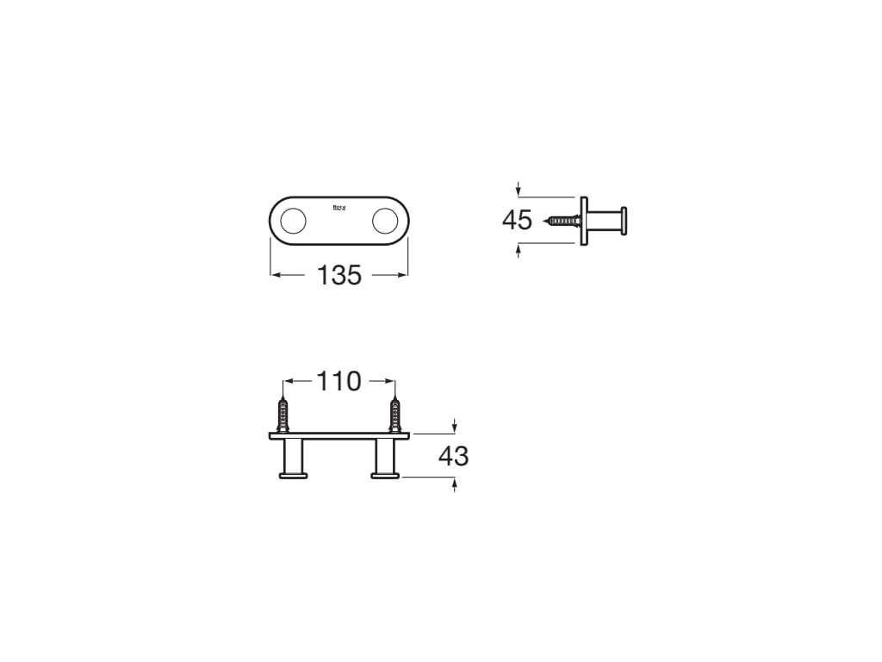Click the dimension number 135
click(x=339, y=276)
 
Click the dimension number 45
click(x=517, y=221)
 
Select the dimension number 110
click(x=339, y=381)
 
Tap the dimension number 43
click(x=453, y=456)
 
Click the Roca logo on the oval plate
click(x=339, y=207)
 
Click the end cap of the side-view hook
click(x=624, y=222)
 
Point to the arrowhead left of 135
click(x=276, y=276)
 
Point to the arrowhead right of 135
click(x=403, y=276)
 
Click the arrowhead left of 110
click(x=289, y=381)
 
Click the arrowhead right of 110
click(x=390, y=381)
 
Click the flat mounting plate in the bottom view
click(x=339, y=436)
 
